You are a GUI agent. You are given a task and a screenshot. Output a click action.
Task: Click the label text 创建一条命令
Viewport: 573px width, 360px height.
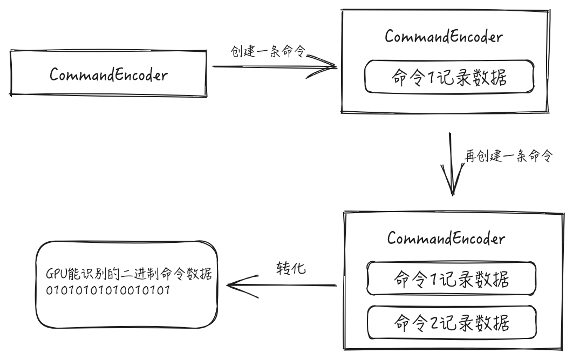click(268, 52)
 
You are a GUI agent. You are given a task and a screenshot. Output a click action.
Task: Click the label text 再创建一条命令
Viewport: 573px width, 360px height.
click(509, 157)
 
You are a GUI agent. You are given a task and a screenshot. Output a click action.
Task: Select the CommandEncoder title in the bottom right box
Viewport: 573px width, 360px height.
click(446, 238)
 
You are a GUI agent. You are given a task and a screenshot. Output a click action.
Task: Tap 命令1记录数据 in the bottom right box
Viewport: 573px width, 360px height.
click(451, 279)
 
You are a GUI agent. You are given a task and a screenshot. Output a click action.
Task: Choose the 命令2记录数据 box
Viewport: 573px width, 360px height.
click(451, 323)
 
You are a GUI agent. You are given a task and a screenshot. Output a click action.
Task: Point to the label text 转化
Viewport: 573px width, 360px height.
click(291, 268)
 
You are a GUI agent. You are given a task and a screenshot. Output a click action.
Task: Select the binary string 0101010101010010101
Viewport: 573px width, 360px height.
click(108, 290)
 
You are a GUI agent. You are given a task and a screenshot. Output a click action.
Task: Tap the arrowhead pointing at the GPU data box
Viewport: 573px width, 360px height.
click(233, 286)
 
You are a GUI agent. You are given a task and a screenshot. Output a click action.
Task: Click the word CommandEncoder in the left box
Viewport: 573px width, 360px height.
click(108, 75)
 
